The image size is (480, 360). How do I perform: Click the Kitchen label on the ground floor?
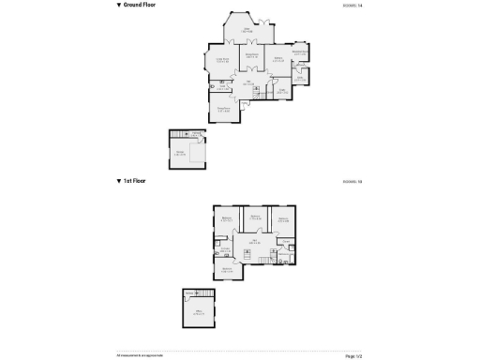pyautogui.click(x=278, y=58)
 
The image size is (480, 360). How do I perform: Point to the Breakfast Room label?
pyautogui.click(x=299, y=52)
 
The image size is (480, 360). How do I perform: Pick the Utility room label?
pyautogui.click(x=300, y=78)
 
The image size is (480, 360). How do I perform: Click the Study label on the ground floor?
pyautogui.click(x=281, y=92)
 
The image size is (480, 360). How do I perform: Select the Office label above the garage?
pyautogui.click(x=199, y=312)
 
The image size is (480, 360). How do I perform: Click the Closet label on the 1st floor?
pyautogui.click(x=284, y=241)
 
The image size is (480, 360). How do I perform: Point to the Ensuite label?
pyautogui.click(x=225, y=249)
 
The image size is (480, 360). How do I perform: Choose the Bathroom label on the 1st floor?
pyautogui.click(x=283, y=253)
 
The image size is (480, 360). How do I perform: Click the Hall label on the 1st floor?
pyautogui.click(x=253, y=241)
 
